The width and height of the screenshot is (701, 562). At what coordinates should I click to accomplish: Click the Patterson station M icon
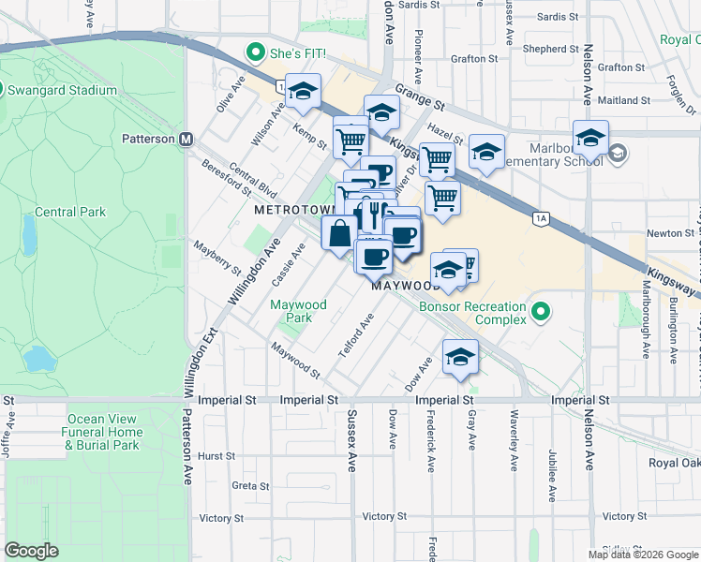point(186,139)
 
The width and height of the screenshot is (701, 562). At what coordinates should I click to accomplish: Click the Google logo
point(31,551)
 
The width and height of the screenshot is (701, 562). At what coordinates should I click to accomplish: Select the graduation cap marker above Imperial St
point(460,357)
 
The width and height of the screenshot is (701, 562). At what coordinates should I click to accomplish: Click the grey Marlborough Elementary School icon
point(617,153)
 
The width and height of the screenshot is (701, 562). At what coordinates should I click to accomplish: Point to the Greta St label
point(250,486)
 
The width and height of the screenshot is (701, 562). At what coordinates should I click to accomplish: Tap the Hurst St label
point(216,455)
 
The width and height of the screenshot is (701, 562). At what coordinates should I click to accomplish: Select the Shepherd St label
point(545,49)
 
